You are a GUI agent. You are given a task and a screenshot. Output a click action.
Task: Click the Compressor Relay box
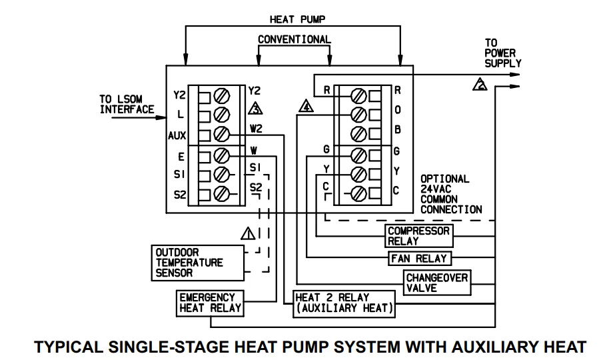tap(418, 235)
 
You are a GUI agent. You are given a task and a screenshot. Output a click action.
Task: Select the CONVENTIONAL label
tap(294, 39)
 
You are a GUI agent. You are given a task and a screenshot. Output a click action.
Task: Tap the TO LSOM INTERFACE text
tap(127, 104)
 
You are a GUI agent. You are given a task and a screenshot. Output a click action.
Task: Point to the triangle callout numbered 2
tap(479, 85)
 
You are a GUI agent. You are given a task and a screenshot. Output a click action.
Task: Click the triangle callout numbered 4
tap(305, 106)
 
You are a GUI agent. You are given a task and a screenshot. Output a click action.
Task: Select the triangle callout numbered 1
tap(248, 233)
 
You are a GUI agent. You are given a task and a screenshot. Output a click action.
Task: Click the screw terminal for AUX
tap(222, 135)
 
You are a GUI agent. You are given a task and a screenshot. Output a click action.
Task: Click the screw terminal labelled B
tap(358, 133)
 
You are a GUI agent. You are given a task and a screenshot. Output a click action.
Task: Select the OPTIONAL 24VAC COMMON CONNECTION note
tap(450, 194)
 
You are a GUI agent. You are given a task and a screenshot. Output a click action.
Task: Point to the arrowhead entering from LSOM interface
tap(162, 118)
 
